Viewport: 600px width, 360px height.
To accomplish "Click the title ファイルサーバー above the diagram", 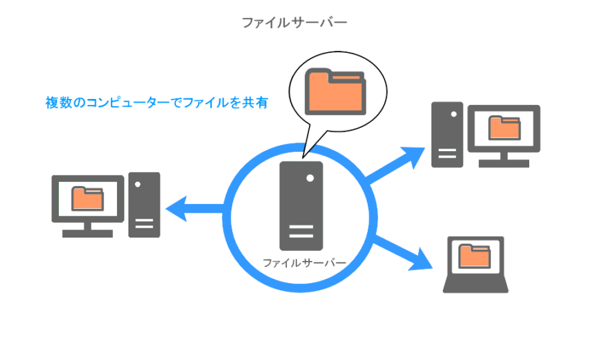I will point(294,23).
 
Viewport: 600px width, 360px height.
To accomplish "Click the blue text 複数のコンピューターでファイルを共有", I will point(157,102).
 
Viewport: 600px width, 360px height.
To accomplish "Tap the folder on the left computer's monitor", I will point(88,197).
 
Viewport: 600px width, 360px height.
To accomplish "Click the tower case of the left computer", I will point(144,205).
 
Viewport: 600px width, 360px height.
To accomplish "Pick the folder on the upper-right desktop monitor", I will point(504,127).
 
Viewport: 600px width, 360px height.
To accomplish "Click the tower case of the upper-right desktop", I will point(447,134).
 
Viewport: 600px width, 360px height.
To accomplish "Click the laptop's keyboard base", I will point(476,286).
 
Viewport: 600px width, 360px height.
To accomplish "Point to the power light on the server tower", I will point(310,179).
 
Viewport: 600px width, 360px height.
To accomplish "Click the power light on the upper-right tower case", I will point(454,114).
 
